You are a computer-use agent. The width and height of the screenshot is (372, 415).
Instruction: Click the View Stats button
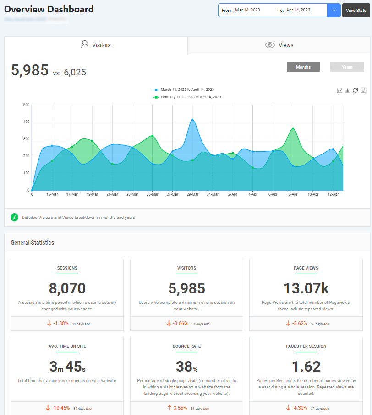coord(356,10)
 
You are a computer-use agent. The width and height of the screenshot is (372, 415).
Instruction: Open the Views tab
coord(279,45)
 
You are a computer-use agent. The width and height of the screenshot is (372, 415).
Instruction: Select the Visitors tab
coord(96,45)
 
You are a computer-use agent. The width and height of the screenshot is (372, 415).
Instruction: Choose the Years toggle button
coord(347,67)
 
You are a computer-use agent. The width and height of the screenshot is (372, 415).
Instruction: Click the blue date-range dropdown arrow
coord(334,10)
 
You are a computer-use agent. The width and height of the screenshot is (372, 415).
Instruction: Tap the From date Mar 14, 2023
coord(247,10)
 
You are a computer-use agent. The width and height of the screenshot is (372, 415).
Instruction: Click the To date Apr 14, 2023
coord(298,10)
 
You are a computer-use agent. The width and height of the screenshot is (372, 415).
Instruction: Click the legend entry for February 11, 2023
coord(191,97)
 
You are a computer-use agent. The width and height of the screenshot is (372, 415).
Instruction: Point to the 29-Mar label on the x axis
coord(192,194)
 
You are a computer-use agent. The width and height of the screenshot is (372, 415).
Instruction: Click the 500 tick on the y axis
coord(26,105)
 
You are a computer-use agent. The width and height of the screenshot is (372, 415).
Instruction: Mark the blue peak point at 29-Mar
coord(192,120)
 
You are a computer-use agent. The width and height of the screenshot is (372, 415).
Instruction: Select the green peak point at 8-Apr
coord(293,128)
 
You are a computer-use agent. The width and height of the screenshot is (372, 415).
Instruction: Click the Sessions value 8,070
coord(67,288)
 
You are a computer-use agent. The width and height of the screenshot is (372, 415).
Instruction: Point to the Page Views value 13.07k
coord(306,288)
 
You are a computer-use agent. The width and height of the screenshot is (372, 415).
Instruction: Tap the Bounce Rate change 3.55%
coord(181,408)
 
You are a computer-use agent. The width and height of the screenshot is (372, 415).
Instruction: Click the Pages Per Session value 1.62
coord(306,367)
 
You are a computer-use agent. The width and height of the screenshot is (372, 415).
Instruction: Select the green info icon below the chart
coord(14,217)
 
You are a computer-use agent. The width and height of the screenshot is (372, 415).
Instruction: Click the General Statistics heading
coord(32,243)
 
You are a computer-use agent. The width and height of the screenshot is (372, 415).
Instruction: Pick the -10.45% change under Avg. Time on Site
coord(60,408)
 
